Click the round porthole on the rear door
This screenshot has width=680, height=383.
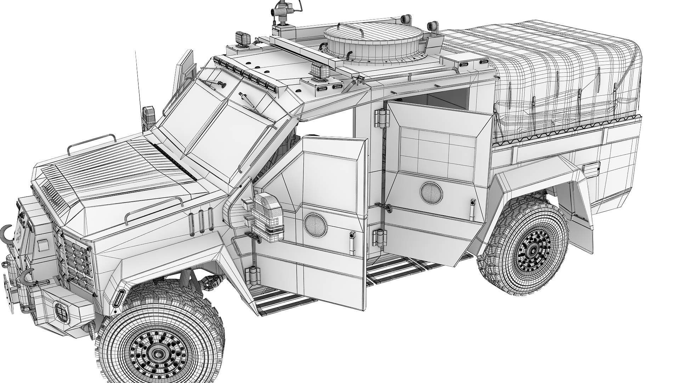point(431,193)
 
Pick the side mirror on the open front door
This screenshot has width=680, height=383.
point(268,215)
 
